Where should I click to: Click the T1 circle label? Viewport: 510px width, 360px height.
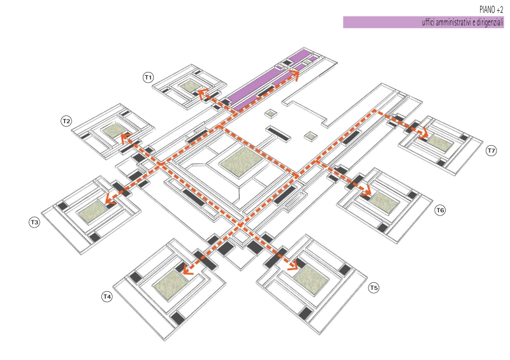tap(148, 77)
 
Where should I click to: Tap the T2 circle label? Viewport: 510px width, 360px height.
tap(66, 120)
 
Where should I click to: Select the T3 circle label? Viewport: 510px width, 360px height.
tap(34, 222)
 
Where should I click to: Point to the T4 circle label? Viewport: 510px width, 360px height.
tap(107, 296)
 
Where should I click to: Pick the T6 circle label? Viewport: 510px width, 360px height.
tap(440, 210)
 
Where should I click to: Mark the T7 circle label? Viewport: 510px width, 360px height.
tap(490, 151)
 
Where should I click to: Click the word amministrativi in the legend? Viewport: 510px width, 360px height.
tap(444, 22)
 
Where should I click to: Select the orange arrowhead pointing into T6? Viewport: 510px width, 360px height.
tap(367, 190)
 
